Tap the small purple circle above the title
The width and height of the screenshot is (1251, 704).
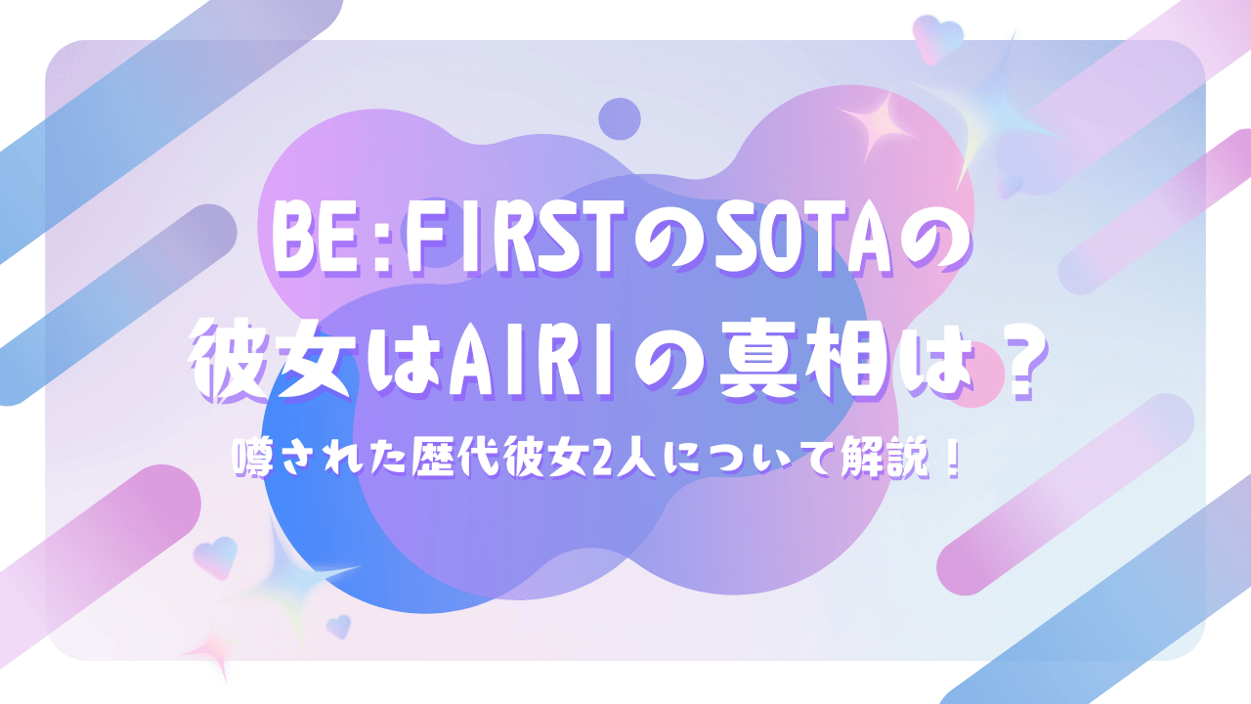point(620,119)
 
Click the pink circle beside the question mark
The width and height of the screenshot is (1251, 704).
point(974,374)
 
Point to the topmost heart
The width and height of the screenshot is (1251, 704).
point(937,38)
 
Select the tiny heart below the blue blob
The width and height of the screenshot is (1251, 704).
point(338,627)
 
